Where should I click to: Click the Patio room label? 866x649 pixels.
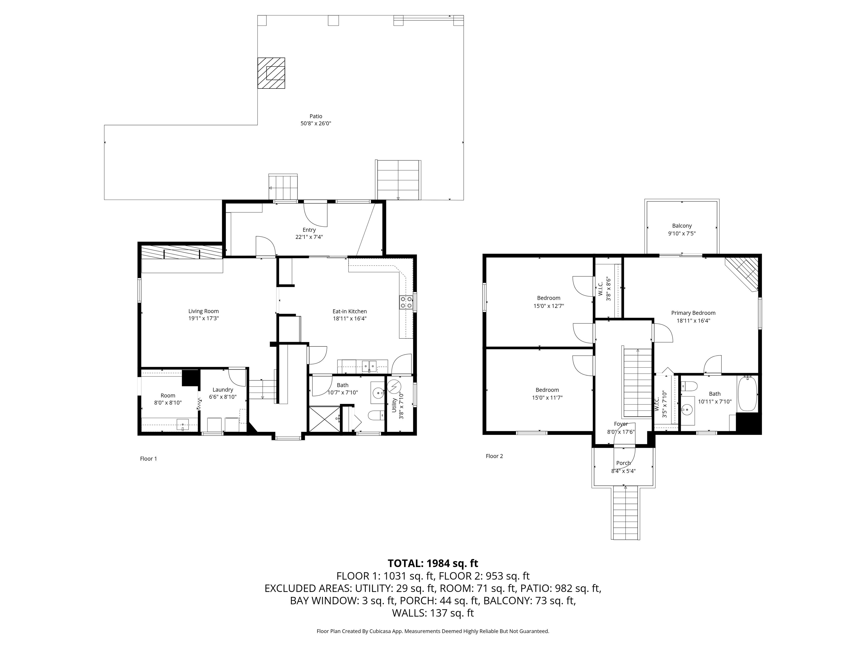[x=316, y=116]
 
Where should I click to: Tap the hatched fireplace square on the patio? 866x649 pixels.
[x=271, y=73]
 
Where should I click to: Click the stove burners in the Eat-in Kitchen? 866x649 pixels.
[x=406, y=303]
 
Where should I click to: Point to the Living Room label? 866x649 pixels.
[x=204, y=311]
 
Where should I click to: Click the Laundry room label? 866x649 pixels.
[x=223, y=390]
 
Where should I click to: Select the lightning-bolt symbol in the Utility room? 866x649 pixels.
[x=394, y=386]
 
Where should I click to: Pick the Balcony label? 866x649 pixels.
[x=682, y=226]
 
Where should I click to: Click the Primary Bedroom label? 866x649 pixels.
[x=693, y=313]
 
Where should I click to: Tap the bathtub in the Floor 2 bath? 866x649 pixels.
[x=747, y=394]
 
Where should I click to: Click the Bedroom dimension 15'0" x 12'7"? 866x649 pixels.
[x=549, y=306]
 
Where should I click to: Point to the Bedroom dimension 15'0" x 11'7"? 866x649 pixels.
[x=547, y=397]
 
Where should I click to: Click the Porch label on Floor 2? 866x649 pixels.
[x=623, y=463]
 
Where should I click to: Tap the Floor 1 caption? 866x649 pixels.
[x=148, y=459]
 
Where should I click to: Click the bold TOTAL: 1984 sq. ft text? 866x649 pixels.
[x=433, y=563]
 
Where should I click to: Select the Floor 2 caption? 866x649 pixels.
[x=494, y=456]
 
